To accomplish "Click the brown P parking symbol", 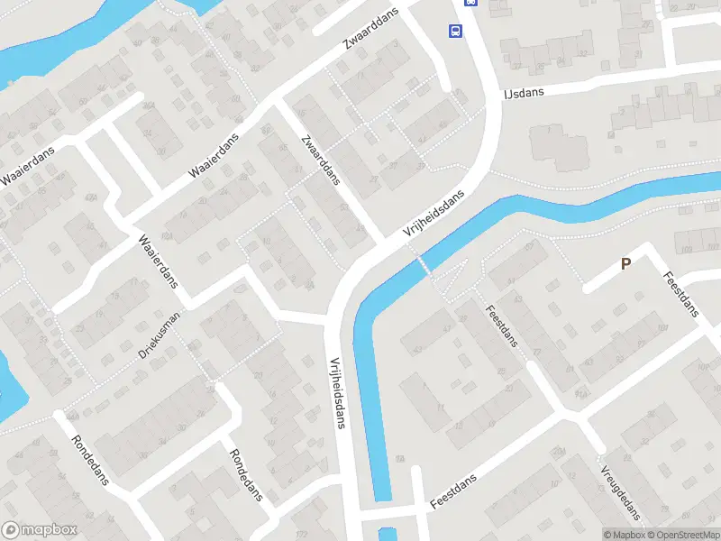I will [625, 264].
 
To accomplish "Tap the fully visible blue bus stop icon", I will [456, 32].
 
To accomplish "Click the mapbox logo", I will [40, 530].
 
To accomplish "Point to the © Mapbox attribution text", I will [625, 535].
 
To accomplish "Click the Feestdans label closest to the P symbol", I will [680, 294].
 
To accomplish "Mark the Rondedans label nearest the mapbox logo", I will [90, 461].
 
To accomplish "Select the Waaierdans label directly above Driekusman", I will [157, 261].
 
